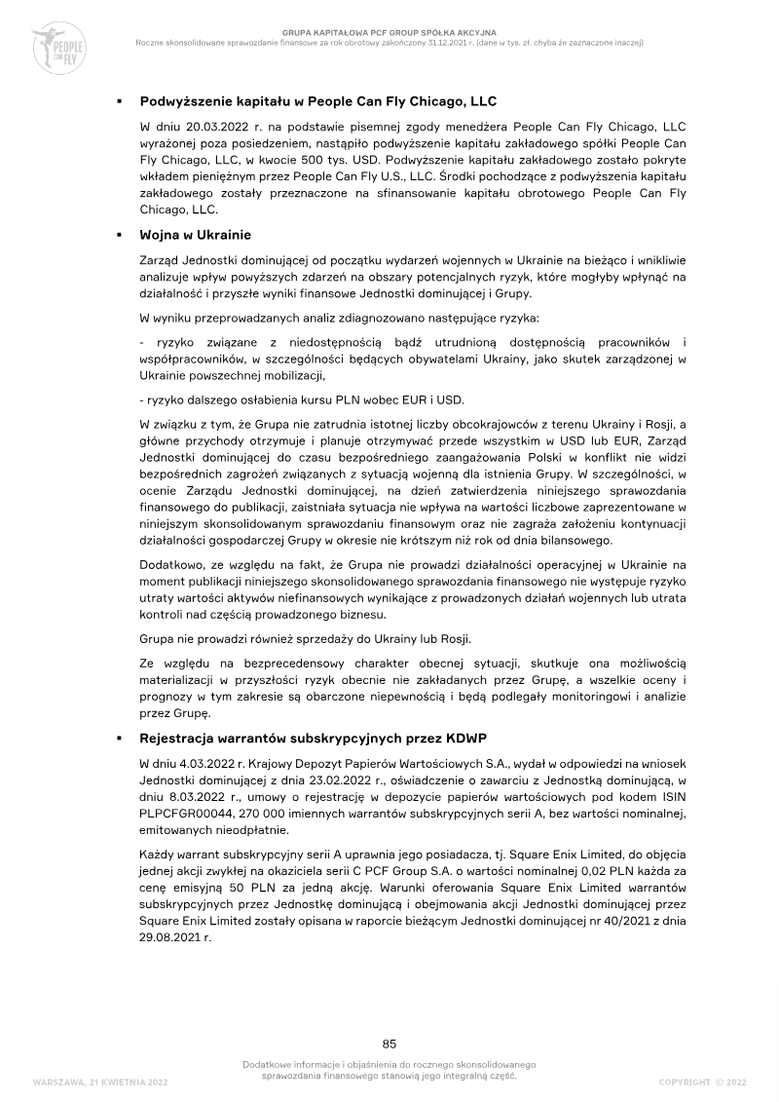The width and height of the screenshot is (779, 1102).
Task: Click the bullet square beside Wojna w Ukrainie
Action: tap(118, 236)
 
